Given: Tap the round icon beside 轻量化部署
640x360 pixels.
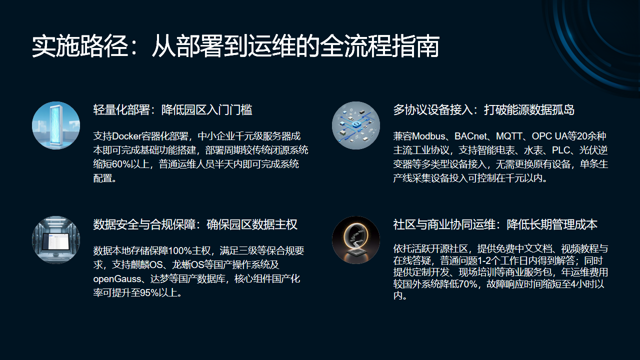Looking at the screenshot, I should [x=54, y=125].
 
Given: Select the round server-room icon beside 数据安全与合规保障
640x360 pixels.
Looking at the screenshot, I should [x=54, y=241].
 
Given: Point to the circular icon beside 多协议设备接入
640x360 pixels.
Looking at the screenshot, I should [x=356, y=125].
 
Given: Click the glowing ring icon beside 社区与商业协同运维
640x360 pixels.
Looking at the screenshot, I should [x=356, y=241].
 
